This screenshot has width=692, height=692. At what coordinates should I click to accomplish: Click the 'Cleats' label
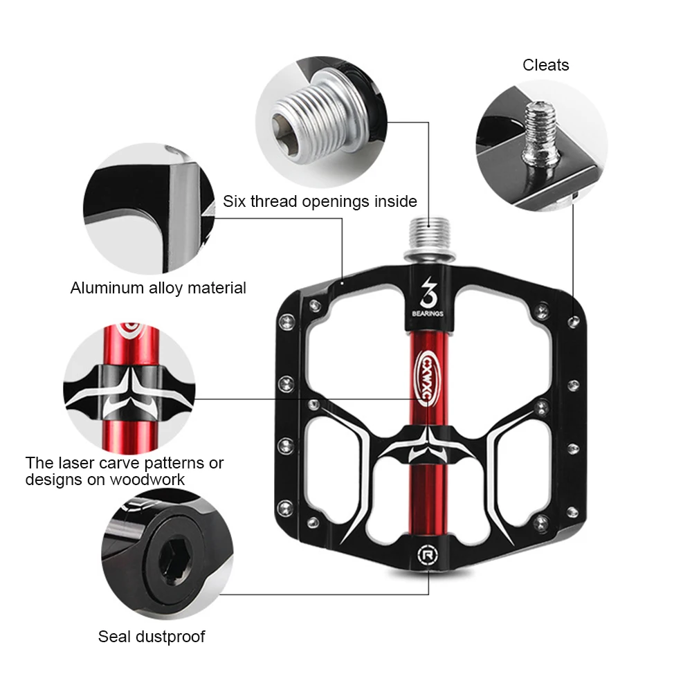545,65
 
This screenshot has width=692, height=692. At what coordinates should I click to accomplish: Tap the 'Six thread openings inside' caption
320,201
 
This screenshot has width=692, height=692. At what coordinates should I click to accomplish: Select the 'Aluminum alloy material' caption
158,288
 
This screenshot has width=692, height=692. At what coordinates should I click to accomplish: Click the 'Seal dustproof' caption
152,637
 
